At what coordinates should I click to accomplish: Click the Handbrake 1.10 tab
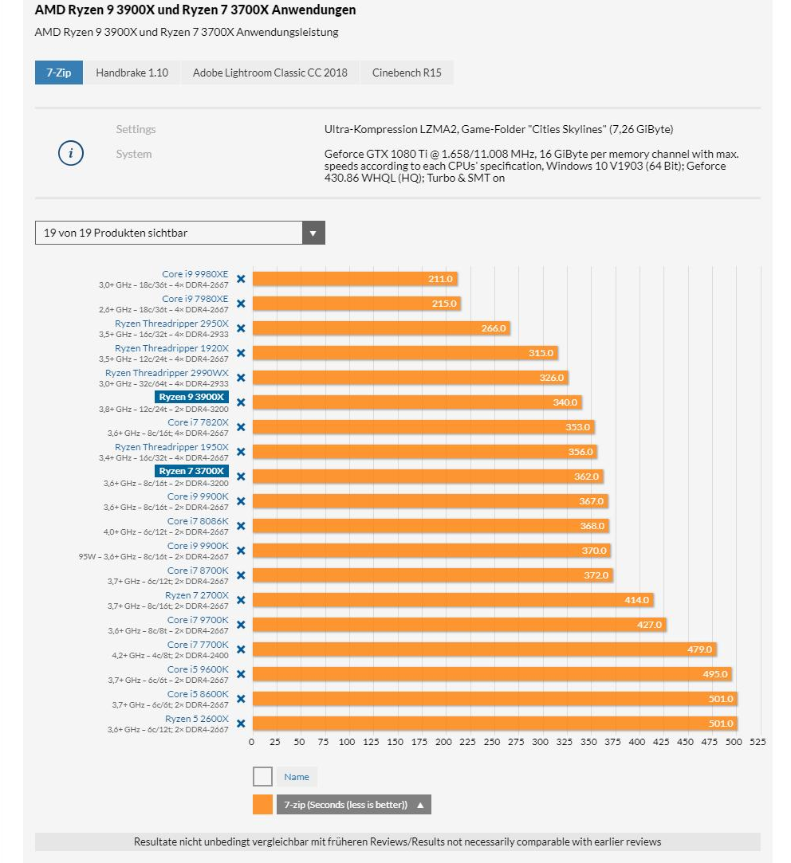[132, 73]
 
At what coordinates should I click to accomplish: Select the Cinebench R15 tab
[406, 73]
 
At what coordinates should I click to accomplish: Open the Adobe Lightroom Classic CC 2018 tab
[270, 73]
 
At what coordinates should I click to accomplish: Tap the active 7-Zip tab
[58, 73]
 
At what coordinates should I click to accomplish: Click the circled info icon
[71, 154]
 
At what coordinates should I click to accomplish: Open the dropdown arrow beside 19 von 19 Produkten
[313, 233]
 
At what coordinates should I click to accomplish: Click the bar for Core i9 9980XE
[354, 279]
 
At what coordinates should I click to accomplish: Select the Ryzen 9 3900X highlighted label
[192, 397]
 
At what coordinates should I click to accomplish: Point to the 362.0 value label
[586, 477]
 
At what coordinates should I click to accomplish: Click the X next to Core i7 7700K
[241, 649]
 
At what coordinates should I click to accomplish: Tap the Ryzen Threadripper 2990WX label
[167, 372]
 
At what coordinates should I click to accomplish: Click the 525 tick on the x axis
[758, 742]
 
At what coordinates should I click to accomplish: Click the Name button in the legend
[297, 777]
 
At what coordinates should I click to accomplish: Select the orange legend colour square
[262, 804]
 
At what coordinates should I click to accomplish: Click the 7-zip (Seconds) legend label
[345, 805]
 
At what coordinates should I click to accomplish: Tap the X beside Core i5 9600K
[241, 674]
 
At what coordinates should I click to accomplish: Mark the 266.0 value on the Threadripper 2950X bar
[494, 328]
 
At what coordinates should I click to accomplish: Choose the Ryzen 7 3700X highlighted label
[192, 471]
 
